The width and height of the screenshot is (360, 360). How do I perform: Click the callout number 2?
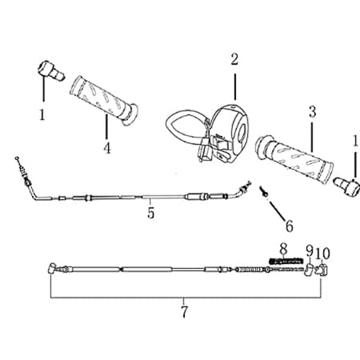pyautogui.click(x=234, y=59)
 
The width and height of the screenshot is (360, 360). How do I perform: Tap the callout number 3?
pyautogui.click(x=312, y=112)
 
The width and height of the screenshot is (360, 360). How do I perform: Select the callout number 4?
pyautogui.click(x=107, y=147)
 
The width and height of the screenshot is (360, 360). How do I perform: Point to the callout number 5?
pyautogui.click(x=151, y=213)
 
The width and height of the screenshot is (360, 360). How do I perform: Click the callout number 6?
pyautogui.click(x=290, y=226)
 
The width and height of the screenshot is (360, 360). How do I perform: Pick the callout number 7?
pyautogui.click(x=184, y=311)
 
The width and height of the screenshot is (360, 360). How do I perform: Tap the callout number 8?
pyautogui.click(x=283, y=249)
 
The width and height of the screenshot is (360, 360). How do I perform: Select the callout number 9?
pyautogui.click(x=310, y=251)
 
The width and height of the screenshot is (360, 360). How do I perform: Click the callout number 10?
pyautogui.click(x=323, y=254)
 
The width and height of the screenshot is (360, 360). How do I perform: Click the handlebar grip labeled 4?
pyautogui.click(x=103, y=101)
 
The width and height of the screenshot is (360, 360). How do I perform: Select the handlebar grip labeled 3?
pyautogui.click(x=294, y=158)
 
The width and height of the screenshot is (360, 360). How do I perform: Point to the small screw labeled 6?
pyautogui.click(x=263, y=191)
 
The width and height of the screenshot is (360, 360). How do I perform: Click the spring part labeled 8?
pyautogui.click(x=286, y=261)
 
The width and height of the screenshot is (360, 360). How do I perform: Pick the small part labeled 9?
pyautogui.click(x=309, y=270)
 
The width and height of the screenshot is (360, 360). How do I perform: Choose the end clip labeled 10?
pyautogui.click(x=321, y=270)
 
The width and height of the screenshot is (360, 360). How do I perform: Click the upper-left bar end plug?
pyautogui.click(x=50, y=70)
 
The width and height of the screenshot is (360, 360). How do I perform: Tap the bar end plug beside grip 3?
pyautogui.click(x=347, y=186)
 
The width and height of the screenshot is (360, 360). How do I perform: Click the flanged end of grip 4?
pyautogui.click(x=130, y=114)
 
